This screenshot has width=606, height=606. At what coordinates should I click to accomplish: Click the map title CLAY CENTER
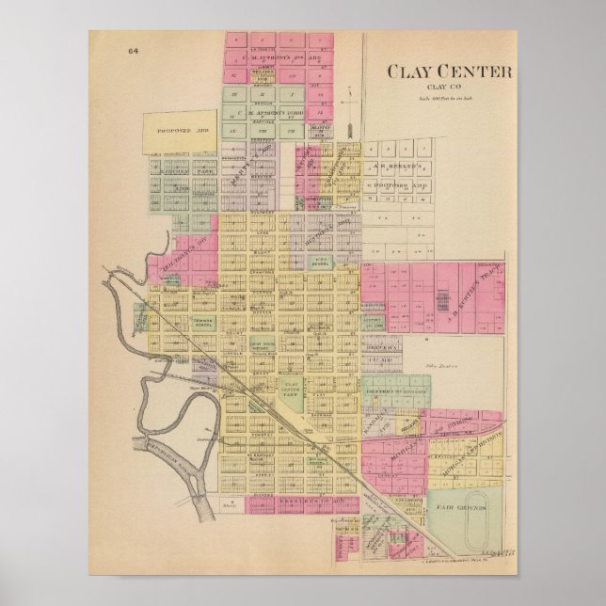point(447,72)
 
